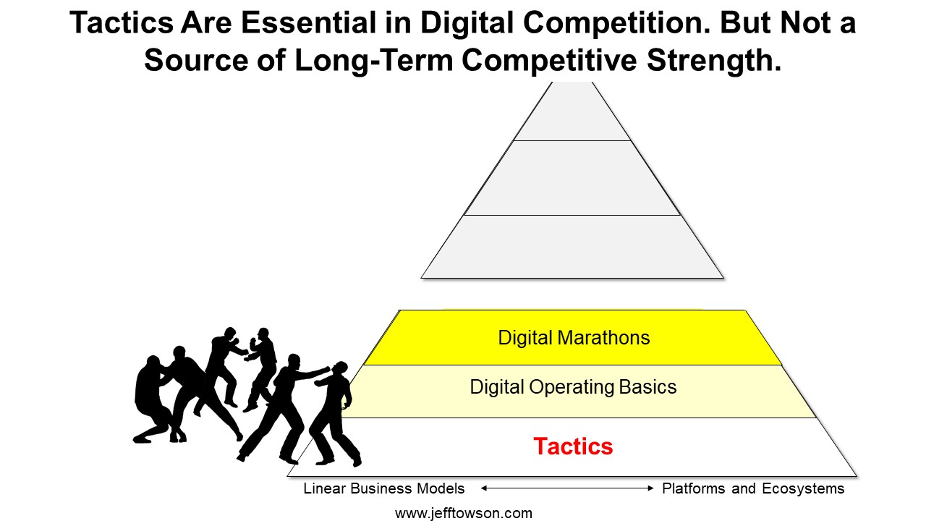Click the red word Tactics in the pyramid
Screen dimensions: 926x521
click(573, 446)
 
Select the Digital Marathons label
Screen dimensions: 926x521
click(574, 338)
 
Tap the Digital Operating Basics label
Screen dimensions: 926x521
click(573, 387)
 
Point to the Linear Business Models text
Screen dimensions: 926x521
click(384, 488)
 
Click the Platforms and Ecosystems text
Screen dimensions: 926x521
click(753, 488)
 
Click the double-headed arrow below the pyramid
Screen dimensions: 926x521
click(567, 488)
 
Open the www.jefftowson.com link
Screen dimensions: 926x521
click(464, 514)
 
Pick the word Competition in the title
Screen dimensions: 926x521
click(618, 24)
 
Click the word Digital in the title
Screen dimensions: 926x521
click(467, 24)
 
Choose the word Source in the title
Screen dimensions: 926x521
click(196, 61)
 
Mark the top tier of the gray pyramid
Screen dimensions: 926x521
click(572, 114)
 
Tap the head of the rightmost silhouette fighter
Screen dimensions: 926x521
click(341, 369)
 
